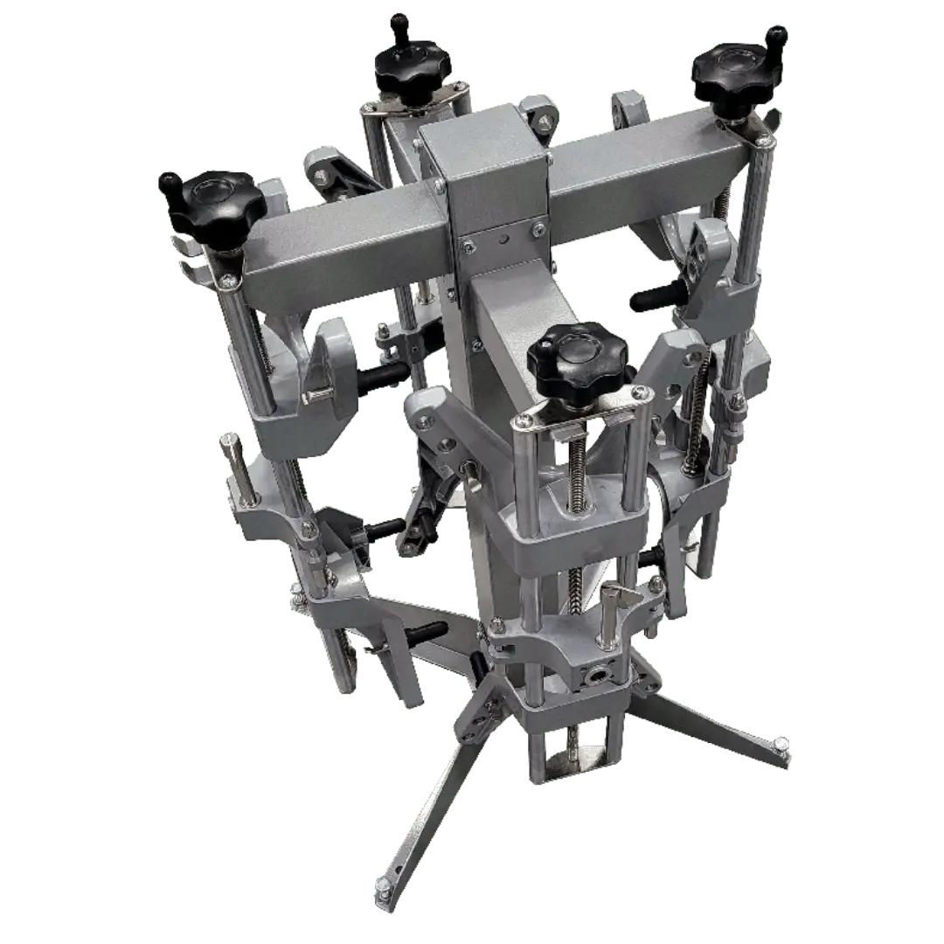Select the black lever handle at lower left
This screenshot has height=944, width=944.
(x=428, y=629)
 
